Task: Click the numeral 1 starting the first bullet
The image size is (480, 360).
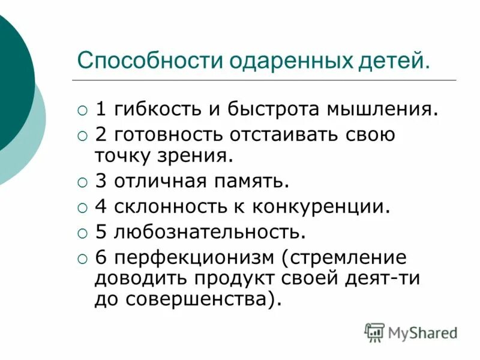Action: click(101, 110)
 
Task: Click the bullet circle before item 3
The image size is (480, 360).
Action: click(83, 181)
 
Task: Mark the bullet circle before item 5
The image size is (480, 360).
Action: click(83, 232)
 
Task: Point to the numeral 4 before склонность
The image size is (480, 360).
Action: click(101, 206)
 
